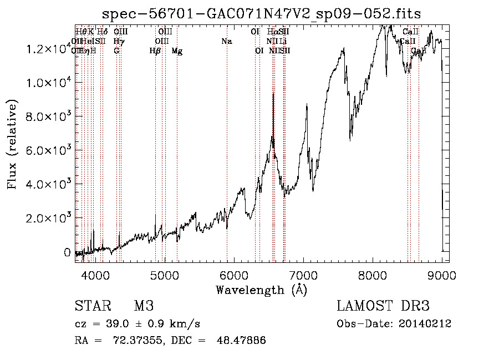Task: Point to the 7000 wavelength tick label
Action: (x=303, y=274)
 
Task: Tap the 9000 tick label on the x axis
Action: (x=442, y=274)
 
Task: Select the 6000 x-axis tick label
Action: (x=234, y=274)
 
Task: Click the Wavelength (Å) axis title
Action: (x=261, y=290)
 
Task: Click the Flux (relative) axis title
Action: (x=13, y=144)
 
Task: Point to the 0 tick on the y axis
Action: (x=67, y=252)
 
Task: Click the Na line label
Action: (x=226, y=42)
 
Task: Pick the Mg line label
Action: (x=177, y=51)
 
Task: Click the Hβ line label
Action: (x=155, y=51)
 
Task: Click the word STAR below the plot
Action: (x=92, y=306)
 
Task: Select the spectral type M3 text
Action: (x=144, y=306)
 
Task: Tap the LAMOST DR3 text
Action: (x=383, y=306)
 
